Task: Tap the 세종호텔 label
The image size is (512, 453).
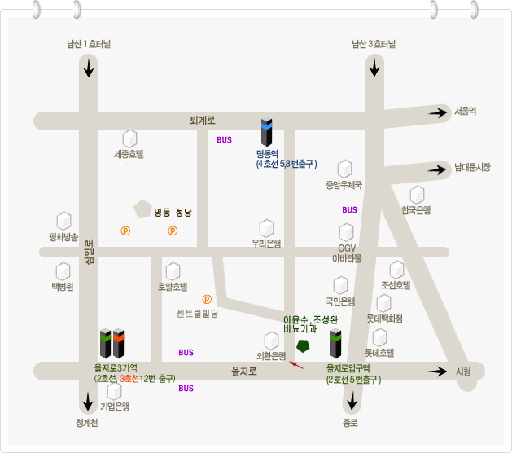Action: tap(129, 153)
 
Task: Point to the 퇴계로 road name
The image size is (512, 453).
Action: tap(202, 121)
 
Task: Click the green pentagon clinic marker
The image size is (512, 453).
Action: tap(303, 345)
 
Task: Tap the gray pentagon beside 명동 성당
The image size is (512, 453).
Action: tap(143, 208)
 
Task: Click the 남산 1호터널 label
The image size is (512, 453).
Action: tap(89, 44)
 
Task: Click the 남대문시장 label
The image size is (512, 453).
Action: tap(472, 167)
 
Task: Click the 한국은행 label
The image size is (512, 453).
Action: tap(416, 210)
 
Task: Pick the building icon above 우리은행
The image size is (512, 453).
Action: tap(266, 227)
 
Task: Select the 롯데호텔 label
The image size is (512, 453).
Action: tap(379, 353)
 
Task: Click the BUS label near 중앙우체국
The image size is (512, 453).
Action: tap(350, 210)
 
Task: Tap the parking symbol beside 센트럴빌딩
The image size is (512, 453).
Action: tap(207, 299)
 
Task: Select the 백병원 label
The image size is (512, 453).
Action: tap(63, 287)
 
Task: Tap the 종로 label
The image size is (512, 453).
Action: tap(350, 423)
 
